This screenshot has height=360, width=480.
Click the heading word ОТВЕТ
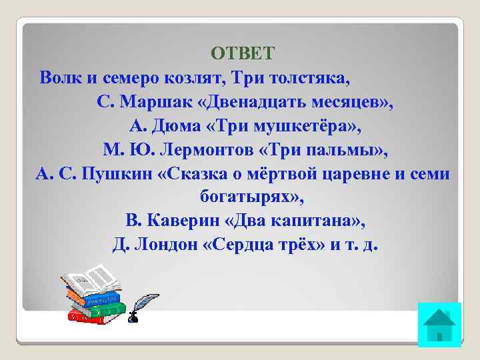[x=242, y=53]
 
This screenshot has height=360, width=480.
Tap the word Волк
[x=61, y=78]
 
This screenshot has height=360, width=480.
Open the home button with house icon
[x=439, y=325]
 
